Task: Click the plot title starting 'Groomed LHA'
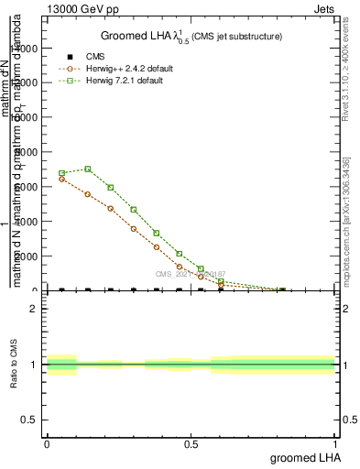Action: (x=191, y=36)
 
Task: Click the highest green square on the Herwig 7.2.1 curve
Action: (x=88, y=169)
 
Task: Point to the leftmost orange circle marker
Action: (x=61, y=179)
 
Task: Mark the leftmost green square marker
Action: (x=61, y=173)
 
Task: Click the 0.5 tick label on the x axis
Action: (x=191, y=444)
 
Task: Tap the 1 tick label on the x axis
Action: (x=335, y=444)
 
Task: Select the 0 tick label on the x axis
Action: (x=47, y=444)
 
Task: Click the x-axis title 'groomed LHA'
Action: (x=302, y=457)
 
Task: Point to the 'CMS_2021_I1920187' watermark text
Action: (x=191, y=273)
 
